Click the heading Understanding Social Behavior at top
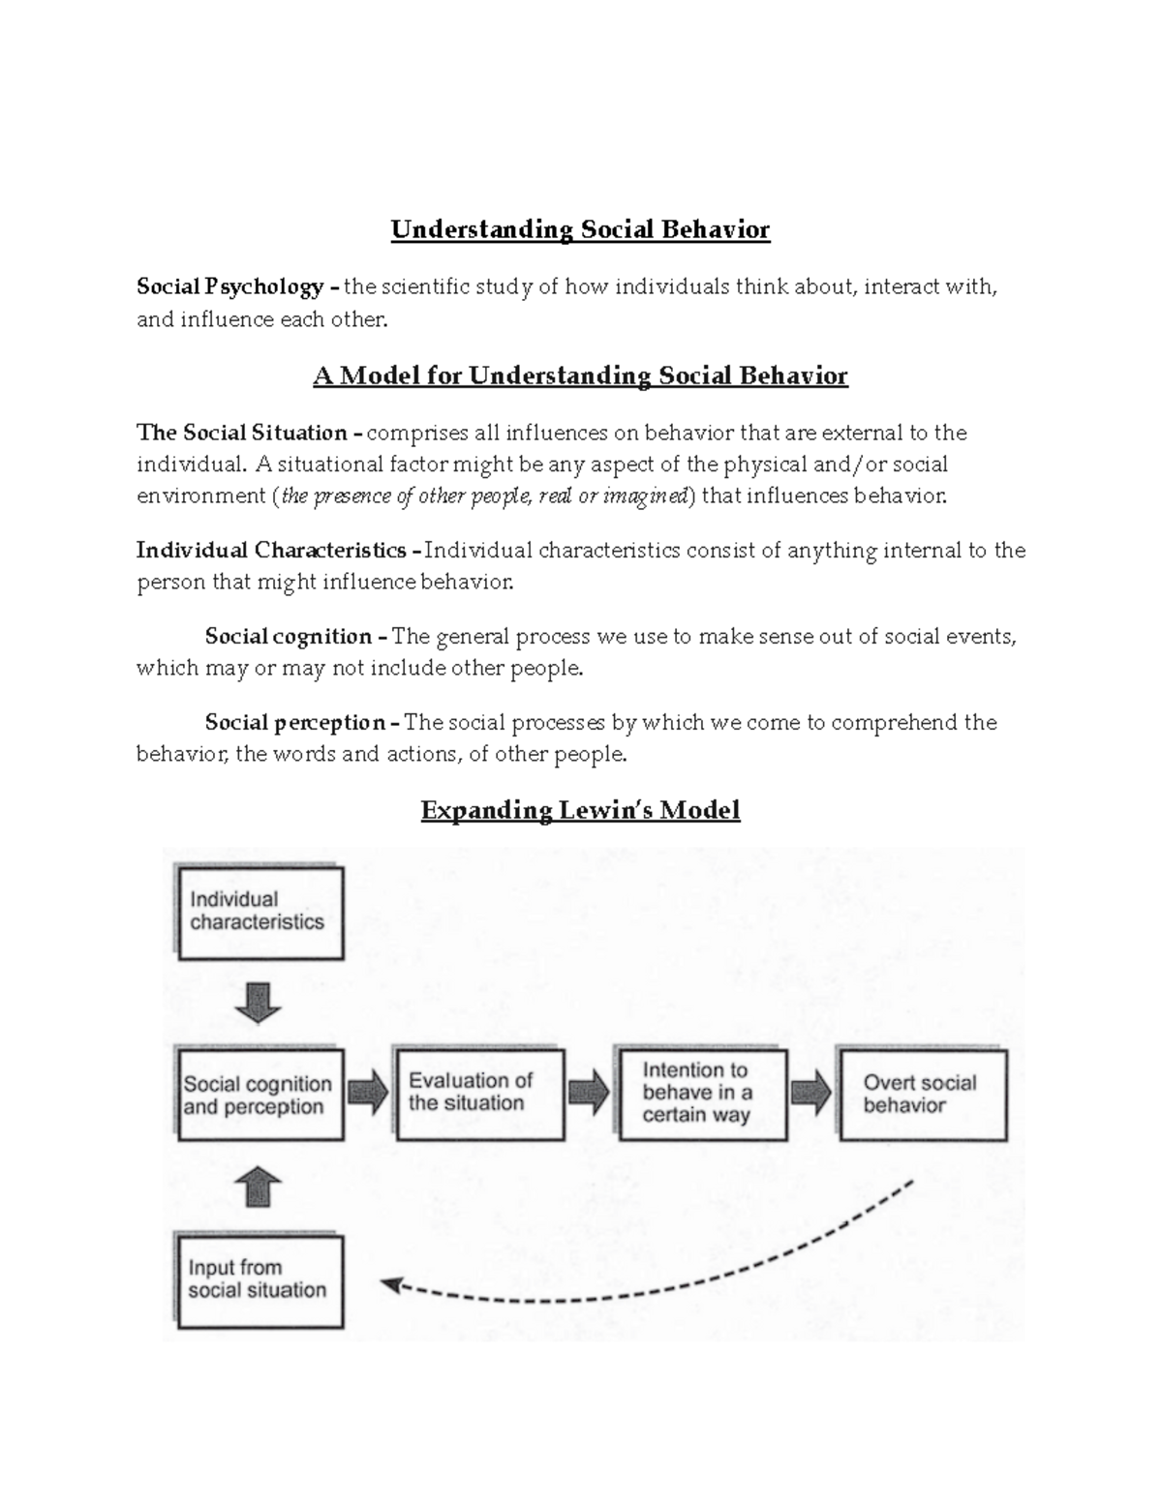coord(580,229)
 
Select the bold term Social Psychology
coord(230,286)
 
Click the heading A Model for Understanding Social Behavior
coord(580,376)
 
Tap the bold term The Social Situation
coord(242,433)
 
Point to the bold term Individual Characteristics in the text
coord(271,551)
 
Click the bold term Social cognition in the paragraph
coord(289,637)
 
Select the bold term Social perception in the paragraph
coord(295,723)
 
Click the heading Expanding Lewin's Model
coord(580,810)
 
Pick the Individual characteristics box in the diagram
coord(260,913)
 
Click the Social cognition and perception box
coord(260,1095)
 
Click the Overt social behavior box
coord(922,1095)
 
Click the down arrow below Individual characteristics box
coord(258,1003)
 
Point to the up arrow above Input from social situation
coord(258,1187)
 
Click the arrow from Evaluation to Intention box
coord(588,1094)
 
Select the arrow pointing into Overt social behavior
coord(810,1094)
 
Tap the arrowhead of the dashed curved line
coord(391,1285)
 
